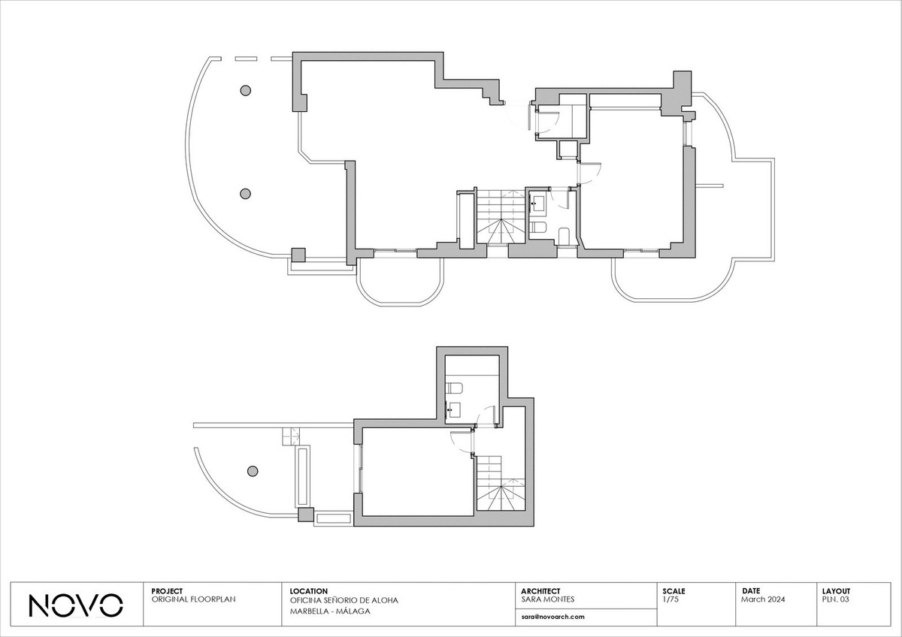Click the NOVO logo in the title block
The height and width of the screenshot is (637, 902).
coord(76,605)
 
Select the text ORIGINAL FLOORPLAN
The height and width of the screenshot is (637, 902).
coord(193,599)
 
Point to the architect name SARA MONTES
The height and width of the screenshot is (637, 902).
coord(548,599)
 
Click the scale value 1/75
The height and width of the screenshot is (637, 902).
coord(670,599)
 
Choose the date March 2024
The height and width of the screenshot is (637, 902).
coord(763,599)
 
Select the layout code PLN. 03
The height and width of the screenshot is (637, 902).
coord(836,599)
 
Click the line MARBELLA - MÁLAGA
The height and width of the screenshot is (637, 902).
coord(330,611)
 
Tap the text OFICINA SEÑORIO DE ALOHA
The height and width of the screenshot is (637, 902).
coord(344,600)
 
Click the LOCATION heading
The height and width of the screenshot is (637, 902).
coord(308,591)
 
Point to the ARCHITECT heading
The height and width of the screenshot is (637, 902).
coord(540,591)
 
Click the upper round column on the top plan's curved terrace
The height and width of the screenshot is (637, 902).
coord(246,90)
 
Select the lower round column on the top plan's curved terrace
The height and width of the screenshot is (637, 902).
coord(245,194)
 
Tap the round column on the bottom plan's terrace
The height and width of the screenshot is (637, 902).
coord(253,471)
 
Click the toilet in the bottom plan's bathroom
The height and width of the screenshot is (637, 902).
coord(454,388)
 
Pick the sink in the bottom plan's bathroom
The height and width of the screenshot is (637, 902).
coord(454,410)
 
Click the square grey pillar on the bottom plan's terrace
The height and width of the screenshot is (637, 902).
coord(306,515)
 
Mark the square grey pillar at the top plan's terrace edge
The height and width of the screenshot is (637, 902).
coord(298,255)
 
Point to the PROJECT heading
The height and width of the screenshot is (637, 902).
coord(167,591)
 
